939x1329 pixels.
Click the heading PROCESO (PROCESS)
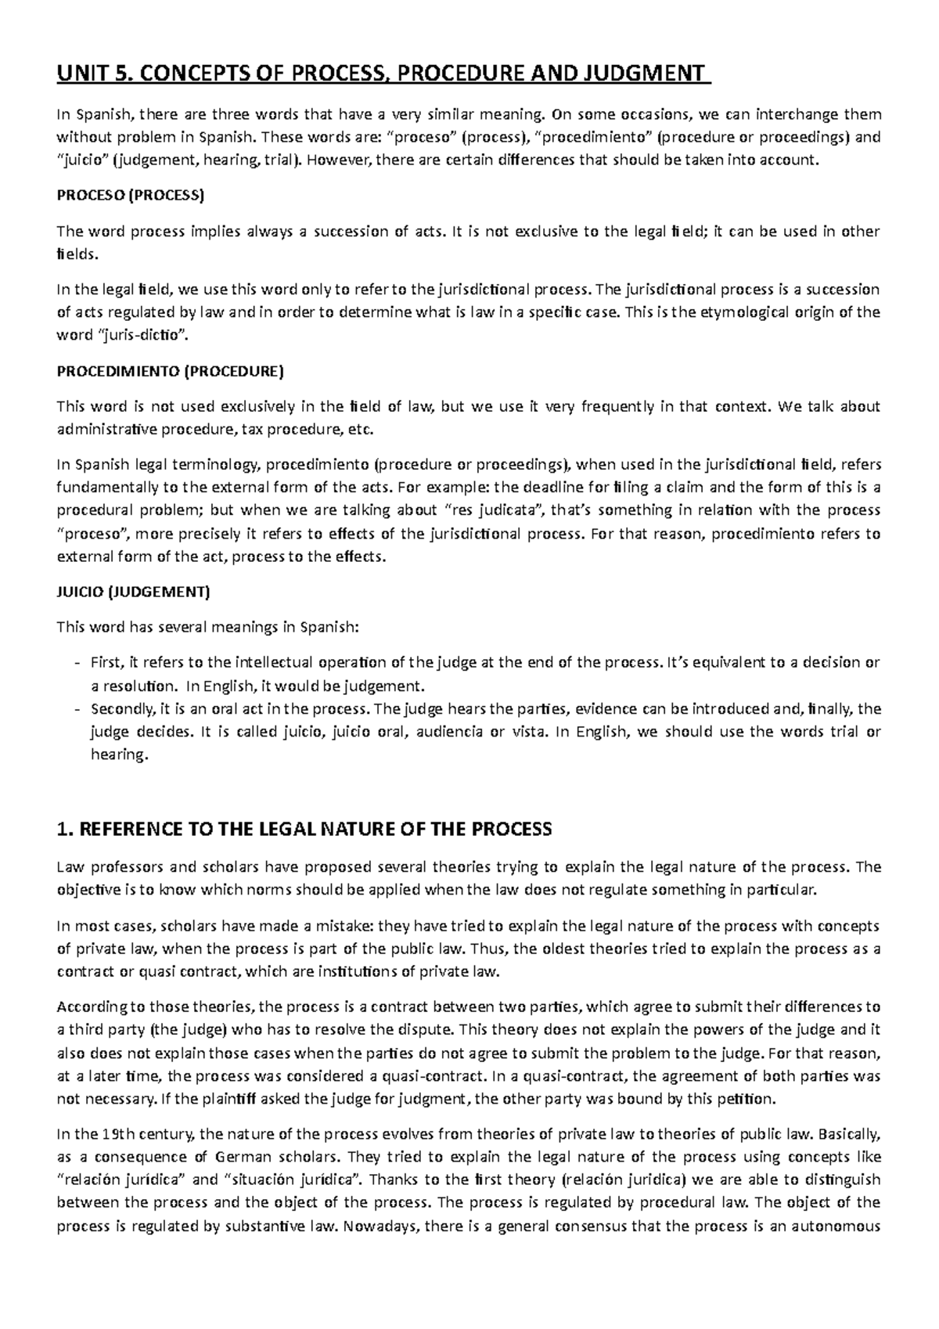pyautogui.click(x=130, y=196)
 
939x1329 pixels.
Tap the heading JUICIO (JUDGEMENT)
pyautogui.click(x=134, y=592)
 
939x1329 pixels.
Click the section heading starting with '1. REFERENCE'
pyautogui.click(x=305, y=829)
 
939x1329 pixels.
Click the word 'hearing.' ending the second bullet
pyautogui.click(x=119, y=756)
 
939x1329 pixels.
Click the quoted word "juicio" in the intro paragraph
pyautogui.click(x=82, y=160)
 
